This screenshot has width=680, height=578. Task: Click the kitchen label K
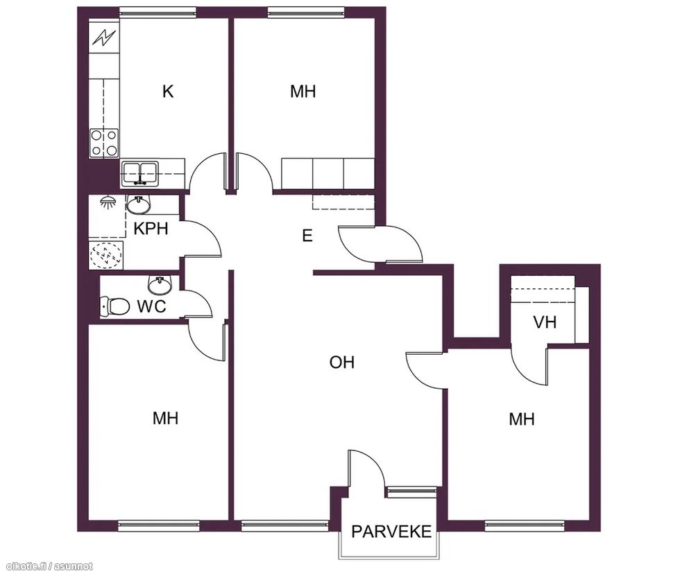[168, 91]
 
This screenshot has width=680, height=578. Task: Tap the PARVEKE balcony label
[391, 532]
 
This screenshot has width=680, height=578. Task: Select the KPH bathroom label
[151, 228]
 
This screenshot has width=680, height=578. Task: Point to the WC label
[152, 306]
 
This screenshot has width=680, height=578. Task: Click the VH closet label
[544, 322]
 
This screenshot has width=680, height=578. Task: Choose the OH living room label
[341, 362]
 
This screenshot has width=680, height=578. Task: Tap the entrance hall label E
[307, 236]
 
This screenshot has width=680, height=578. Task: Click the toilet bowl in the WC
[115, 306]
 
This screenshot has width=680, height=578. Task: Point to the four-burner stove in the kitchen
[104, 143]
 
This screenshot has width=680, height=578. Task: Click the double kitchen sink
[139, 173]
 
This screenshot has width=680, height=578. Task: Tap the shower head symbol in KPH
[108, 202]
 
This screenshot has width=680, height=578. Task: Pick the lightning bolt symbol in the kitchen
[103, 37]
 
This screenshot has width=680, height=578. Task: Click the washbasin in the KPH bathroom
[138, 205]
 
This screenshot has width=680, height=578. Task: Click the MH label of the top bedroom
[303, 91]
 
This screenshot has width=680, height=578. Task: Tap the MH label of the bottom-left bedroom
[166, 418]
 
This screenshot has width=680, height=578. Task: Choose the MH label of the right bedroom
[522, 419]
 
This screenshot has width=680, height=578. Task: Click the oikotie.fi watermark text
[46, 566]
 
